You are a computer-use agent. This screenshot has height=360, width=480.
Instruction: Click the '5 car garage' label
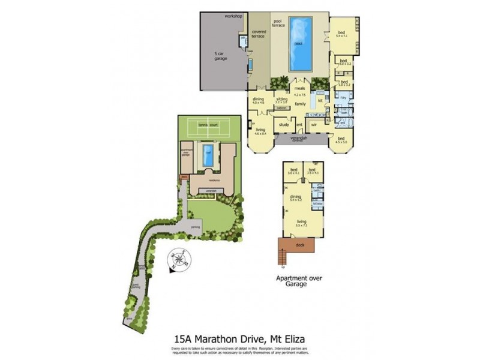point(221,56)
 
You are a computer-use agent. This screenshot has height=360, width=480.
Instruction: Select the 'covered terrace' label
point(259,34)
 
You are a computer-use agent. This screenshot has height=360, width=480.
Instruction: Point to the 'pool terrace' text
point(278,23)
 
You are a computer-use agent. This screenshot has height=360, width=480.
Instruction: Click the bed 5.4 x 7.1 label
point(341,34)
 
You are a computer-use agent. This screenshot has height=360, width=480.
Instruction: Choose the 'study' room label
point(284,125)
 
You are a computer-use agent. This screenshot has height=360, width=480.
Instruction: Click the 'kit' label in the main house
point(320,100)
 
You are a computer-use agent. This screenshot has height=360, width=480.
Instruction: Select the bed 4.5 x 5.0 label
point(341,140)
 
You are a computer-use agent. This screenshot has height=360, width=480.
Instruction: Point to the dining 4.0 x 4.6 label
point(259,101)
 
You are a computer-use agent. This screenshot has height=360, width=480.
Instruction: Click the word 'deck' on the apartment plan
point(301,245)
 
